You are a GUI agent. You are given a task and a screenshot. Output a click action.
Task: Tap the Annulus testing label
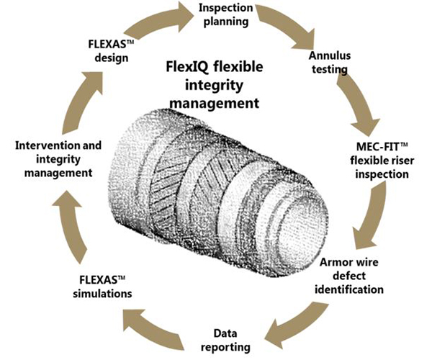[x=327, y=63]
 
